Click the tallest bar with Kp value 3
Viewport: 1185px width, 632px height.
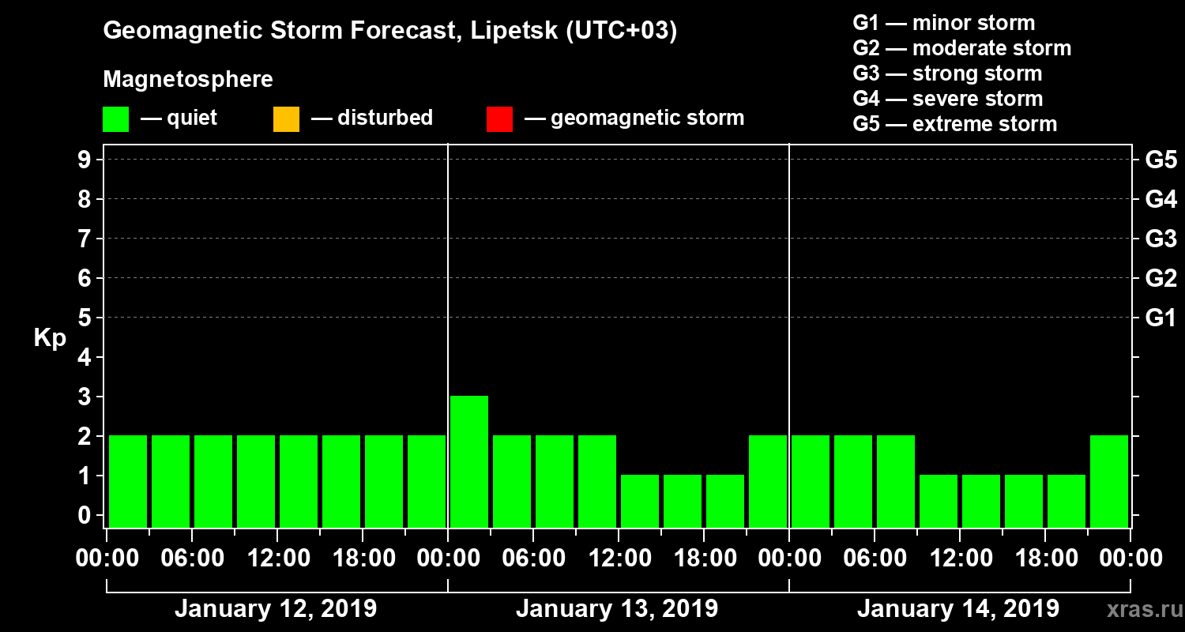pyautogui.click(x=469, y=461)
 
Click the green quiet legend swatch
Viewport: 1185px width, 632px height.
pyautogui.click(x=115, y=119)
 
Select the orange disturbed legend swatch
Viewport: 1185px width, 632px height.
pyautogui.click(x=286, y=119)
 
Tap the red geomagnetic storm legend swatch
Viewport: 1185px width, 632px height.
pyautogui.click(x=499, y=119)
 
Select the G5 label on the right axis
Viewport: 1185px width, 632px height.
pyautogui.click(x=1161, y=160)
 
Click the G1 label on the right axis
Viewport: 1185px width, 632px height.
pyautogui.click(x=1161, y=318)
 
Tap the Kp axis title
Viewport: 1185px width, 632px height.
pyautogui.click(x=50, y=338)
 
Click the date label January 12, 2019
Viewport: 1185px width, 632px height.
pyautogui.click(x=275, y=609)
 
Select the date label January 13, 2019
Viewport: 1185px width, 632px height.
pyautogui.click(x=616, y=609)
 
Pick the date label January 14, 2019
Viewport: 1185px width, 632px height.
pyautogui.click(x=957, y=609)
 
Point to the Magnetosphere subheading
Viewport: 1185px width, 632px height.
pyautogui.click(x=188, y=80)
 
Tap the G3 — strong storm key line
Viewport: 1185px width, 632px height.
pyautogui.click(x=947, y=73)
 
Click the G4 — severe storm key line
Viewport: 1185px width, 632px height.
pyautogui.click(x=947, y=99)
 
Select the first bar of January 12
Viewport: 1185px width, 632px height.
pyautogui.click(x=128, y=480)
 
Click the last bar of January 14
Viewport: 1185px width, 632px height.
pyautogui.click(x=1109, y=480)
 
